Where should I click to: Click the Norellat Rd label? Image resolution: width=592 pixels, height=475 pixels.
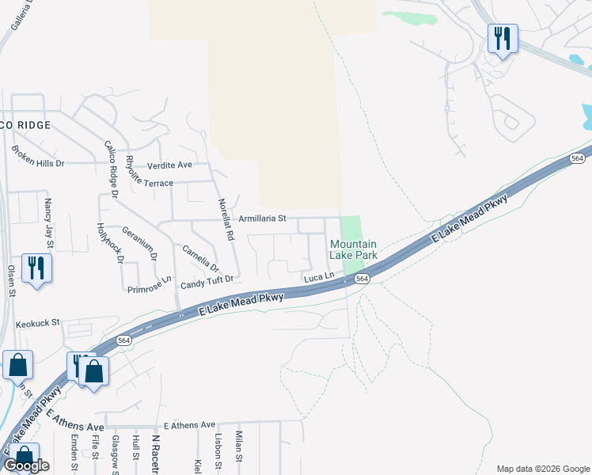pos(226,219)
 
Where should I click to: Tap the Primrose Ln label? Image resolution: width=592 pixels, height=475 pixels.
pos(150,284)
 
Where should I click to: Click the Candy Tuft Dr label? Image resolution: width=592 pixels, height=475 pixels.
pos(207,280)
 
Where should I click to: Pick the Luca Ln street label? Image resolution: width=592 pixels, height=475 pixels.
pos(320,277)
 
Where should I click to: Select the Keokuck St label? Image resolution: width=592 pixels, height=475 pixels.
pos(38,322)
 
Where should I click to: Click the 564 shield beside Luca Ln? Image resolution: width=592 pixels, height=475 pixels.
pos(362,279)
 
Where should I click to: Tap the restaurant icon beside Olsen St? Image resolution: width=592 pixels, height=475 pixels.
pos(36,268)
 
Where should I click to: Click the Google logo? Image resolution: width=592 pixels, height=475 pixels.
pos(26,465)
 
